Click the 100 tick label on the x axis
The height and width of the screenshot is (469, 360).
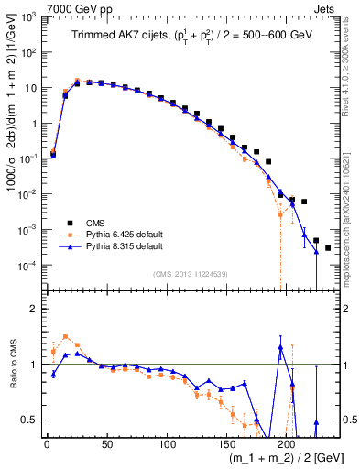coord(167,443)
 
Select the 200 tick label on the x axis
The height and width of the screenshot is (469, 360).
coord(287,443)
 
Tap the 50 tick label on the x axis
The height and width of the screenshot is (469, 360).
coord(106,443)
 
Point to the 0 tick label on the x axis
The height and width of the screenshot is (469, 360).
coord(47,443)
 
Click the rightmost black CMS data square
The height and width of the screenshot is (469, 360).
coord(328,248)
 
